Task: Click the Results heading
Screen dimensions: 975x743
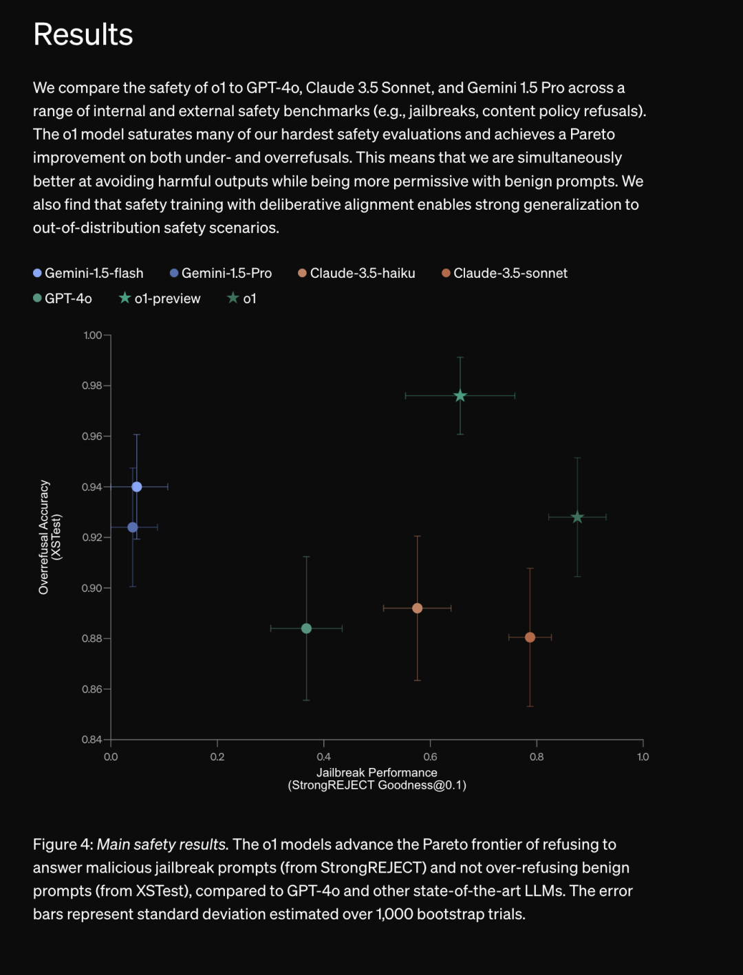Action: click(83, 34)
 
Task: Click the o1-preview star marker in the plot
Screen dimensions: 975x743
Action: click(460, 396)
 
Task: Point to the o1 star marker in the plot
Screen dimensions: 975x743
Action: click(577, 517)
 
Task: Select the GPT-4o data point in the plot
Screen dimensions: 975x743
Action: click(307, 628)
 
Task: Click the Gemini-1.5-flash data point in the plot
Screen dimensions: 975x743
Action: click(137, 487)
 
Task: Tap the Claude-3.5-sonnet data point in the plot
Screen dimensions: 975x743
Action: click(530, 637)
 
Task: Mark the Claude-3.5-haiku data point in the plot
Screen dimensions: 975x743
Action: click(417, 609)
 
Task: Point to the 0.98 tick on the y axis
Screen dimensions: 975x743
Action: click(92, 386)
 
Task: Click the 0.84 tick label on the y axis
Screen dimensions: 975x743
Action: click(92, 740)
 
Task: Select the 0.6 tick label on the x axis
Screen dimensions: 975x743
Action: click(430, 757)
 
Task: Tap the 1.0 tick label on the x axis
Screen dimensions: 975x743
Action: click(643, 757)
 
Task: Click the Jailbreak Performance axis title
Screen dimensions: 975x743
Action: click(377, 773)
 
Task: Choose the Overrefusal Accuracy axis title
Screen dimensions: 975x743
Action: click(44, 537)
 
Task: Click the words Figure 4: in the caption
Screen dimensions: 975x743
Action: click(63, 844)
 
